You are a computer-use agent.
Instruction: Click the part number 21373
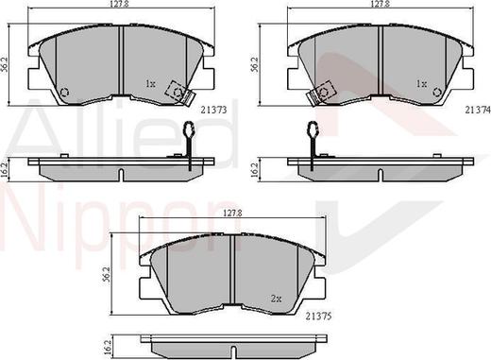click(213, 110)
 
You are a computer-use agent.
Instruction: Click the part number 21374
click(478, 110)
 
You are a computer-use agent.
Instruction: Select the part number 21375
click(319, 316)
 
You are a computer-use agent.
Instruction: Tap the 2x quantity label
click(276, 299)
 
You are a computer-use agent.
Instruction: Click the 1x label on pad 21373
click(150, 84)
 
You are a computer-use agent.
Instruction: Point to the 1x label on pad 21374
click(421, 84)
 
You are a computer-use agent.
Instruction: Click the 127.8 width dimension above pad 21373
click(123, 4)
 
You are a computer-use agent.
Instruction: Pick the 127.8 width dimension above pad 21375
click(232, 214)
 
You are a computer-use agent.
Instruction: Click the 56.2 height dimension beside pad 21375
click(106, 274)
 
